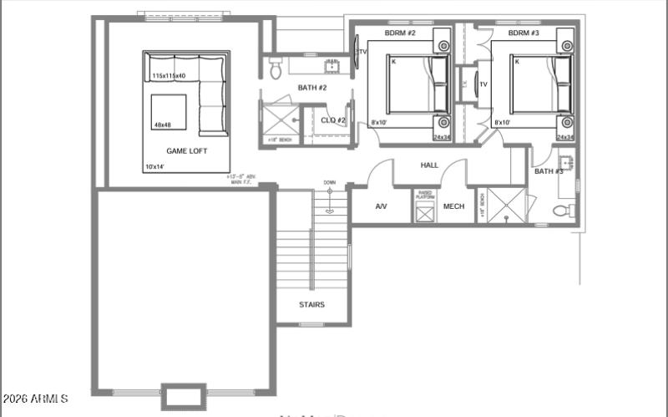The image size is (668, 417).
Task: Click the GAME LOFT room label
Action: (x=186, y=151)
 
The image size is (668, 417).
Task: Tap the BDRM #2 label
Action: (x=400, y=33)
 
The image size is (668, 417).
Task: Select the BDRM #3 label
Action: (x=524, y=33)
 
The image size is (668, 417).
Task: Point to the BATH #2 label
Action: (x=312, y=88)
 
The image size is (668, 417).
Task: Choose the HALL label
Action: (x=429, y=165)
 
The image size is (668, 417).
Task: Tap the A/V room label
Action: (x=381, y=206)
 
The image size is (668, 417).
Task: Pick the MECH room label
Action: (x=453, y=206)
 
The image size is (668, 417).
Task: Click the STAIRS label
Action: (x=311, y=304)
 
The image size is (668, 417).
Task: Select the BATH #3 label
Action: (x=549, y=171)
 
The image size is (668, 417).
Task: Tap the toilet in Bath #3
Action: (x=569, y=208)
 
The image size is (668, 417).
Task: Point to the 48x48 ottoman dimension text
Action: (x=162, y=125)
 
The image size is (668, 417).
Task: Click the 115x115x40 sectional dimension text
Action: (x=169, y=76)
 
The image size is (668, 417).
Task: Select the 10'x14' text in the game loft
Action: (x=155, y=167)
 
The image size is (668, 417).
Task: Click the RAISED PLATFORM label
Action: (x=425, y=195)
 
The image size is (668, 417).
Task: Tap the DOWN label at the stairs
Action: (x=330, y=182)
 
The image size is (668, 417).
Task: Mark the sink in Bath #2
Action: (x=331, y=65)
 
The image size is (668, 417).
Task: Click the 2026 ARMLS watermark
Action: (x=36, y=399)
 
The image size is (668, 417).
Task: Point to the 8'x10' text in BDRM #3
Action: (x=502, y=123)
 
